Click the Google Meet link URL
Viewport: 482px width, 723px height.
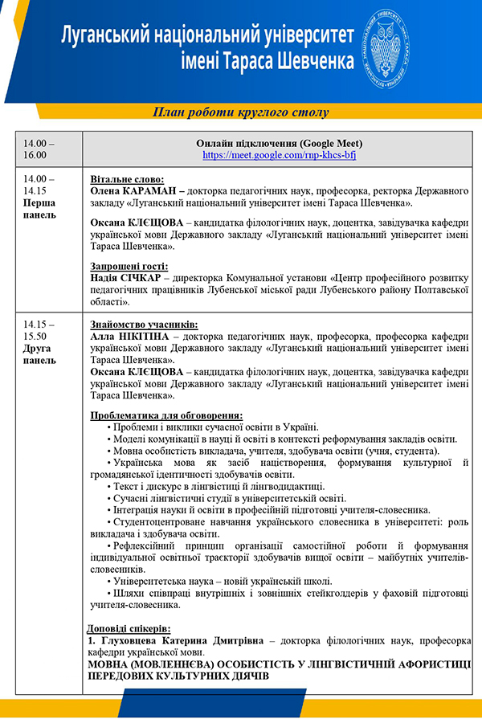coord(279,155)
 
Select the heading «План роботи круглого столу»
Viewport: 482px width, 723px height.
coord(242,111)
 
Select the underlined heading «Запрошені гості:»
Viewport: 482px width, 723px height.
coord(129,267)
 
